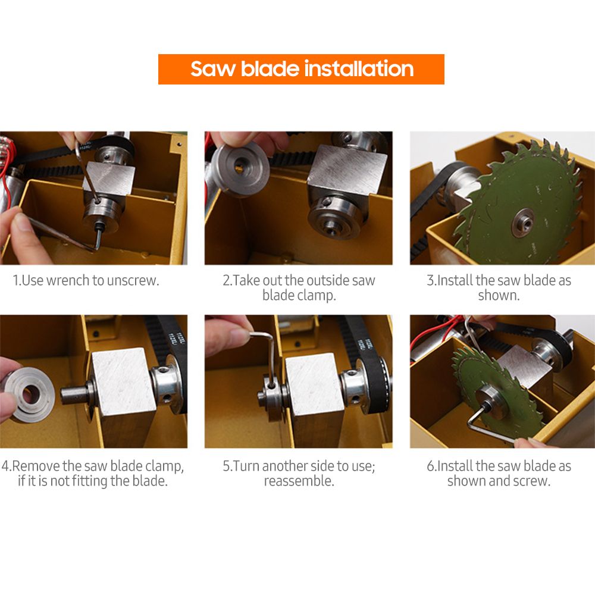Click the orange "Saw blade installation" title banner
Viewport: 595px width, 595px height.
point(301,69)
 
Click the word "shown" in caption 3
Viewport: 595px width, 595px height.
point(497,295)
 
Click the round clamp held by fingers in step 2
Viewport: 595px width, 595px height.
point(240,170)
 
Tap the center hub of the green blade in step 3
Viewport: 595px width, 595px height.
point(523,222)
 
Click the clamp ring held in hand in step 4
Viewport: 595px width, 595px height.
point(28,395)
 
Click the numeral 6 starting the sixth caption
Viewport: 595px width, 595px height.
point(430,466)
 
